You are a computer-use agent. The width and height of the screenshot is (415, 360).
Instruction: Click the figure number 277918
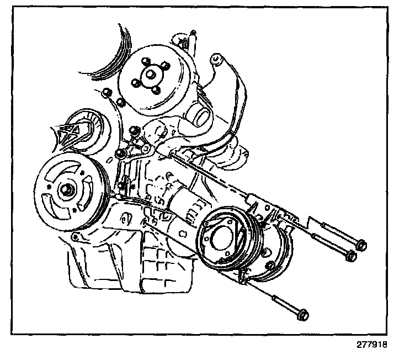pyautogui.click(x=372, y=345)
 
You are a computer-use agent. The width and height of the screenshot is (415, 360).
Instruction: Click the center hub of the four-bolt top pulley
pyautogui.click(x=150, y=75)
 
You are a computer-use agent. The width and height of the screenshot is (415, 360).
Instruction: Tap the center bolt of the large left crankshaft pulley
pyautogui.click(x=66, y=190)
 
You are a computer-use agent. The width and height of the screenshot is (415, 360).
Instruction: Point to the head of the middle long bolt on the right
pyautogui.click(x=351, y=256)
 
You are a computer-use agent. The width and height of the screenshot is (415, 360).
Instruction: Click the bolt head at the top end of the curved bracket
pyautogui.click(x=216, y=59)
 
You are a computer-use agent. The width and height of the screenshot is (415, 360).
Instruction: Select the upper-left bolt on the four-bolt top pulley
pyautogui.click(x=145, y=61)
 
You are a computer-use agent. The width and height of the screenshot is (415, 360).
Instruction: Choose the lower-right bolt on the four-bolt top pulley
pyautogui.click(x=156, y=91)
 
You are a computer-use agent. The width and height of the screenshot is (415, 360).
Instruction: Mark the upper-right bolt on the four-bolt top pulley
pyautogui.click(x=165, y=65)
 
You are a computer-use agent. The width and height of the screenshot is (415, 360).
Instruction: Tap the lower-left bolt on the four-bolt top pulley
pyautogui.click(x=135, y=83)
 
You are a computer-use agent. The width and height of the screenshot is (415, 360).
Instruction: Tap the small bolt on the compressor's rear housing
pyautogui.click(x=271, y=264)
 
